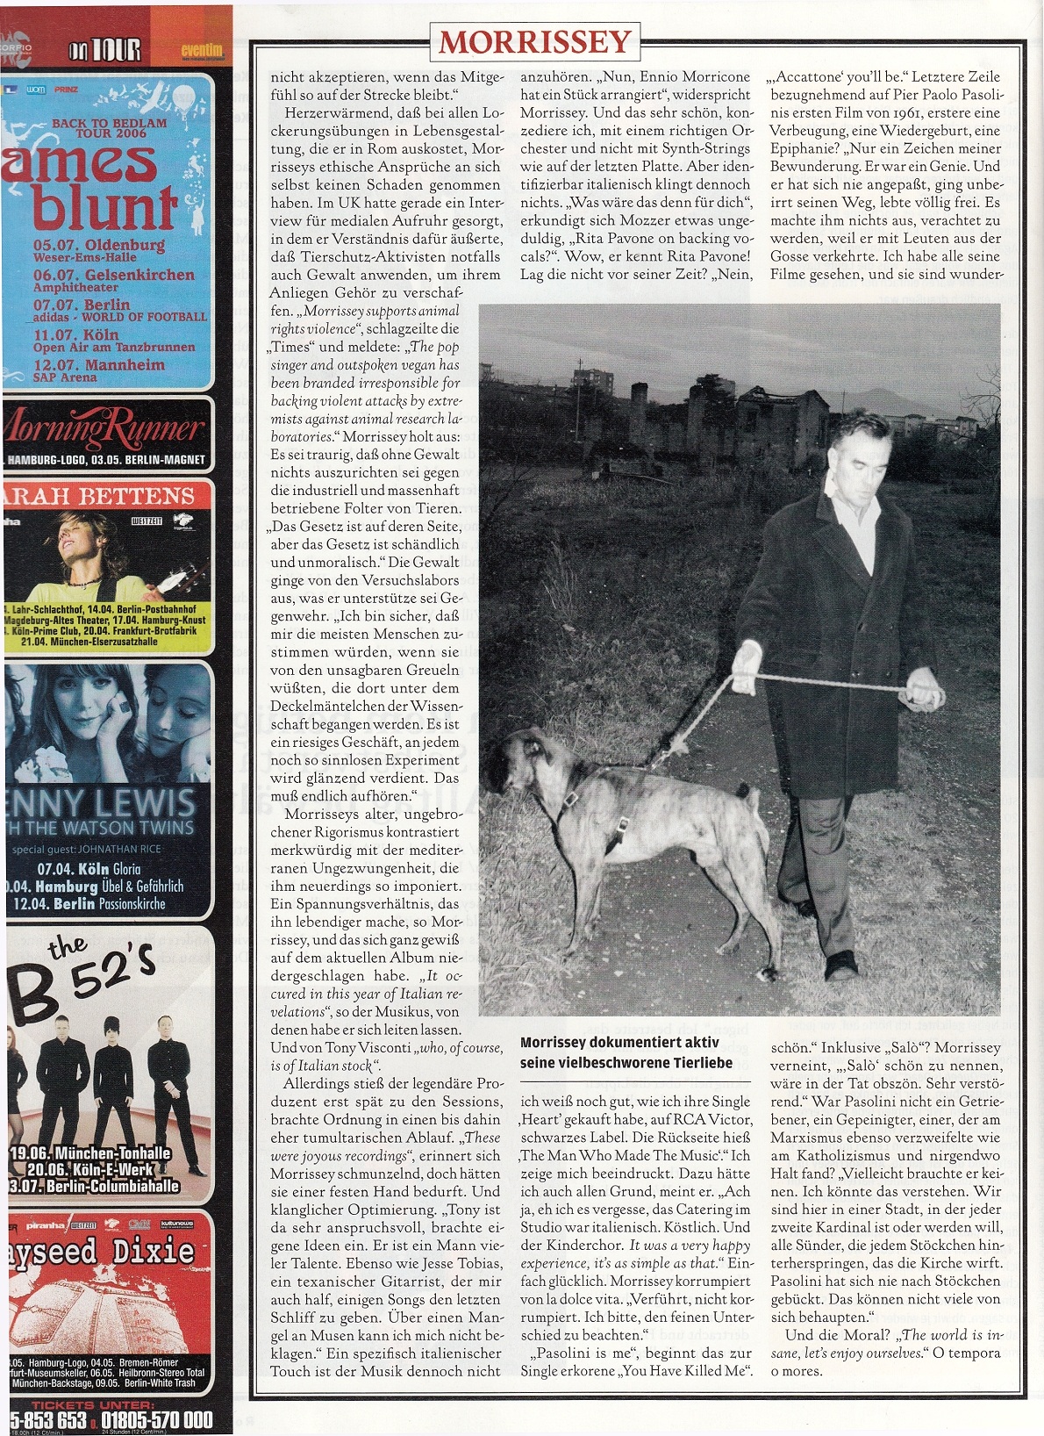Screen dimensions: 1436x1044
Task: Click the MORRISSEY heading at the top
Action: point(535,41)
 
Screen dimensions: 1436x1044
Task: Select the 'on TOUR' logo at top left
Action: point(104,50)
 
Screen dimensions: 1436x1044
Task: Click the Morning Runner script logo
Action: point(105,429)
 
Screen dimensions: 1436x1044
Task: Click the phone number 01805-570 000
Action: point(157,1419)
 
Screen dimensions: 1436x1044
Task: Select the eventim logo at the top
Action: point(202,50)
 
